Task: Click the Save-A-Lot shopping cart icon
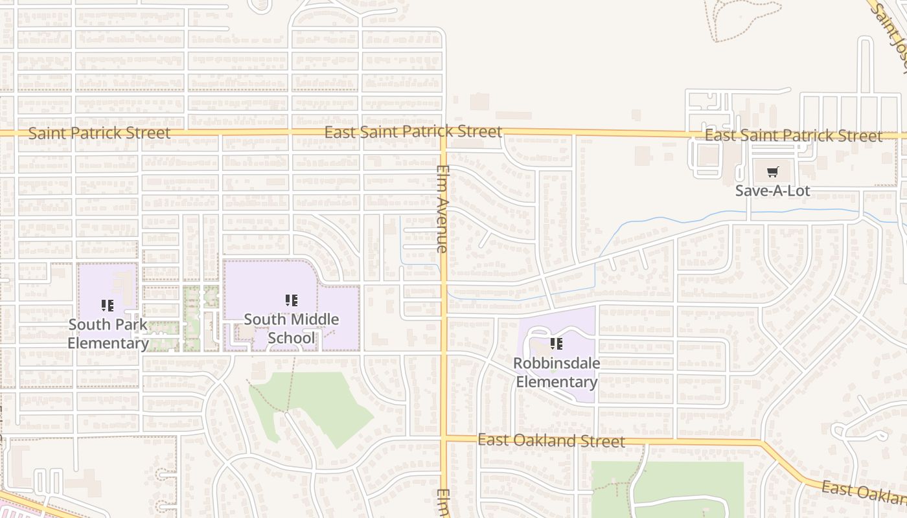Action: click(x=772, y=172)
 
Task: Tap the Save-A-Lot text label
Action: click(x=772, y=191)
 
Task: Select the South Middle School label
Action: click(x=292, y=328)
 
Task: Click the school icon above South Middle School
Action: click(x=292, y=300)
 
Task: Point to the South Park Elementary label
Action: click(x=108, y=333)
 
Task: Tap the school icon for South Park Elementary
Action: click(x=108, y=305)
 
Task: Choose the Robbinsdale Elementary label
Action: click(x=557, y=372)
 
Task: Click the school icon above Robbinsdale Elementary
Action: click(x=556, y=344)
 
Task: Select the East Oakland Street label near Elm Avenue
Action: click(x=551, y=441)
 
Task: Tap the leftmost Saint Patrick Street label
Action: click(x=100, y=133)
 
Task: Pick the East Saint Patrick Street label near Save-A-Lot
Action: click(x=793, y=136)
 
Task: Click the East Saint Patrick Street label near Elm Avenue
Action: click(x=413, y=132)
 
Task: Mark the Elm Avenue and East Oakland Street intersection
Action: click(x=444, y=438)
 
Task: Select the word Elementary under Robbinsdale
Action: click(x=557, y=382)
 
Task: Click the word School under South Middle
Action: click(x=292, y=338)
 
